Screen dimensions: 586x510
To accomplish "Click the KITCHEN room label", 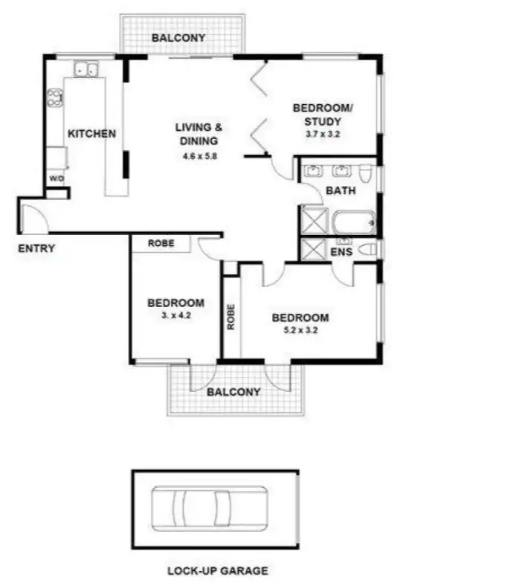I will click(x=92, y=134).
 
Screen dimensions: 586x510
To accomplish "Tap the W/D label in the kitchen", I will click(x=57, y=179).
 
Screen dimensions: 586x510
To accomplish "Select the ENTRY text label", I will click(x=36, y=248).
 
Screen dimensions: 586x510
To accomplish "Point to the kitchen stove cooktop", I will click(x=55, y=97).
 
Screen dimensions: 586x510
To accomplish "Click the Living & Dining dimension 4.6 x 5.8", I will click(x=198, y=156).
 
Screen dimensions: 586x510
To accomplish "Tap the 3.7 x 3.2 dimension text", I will click(x=323, y=135).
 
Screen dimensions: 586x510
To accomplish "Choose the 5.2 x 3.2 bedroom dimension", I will click(x=300, y=331).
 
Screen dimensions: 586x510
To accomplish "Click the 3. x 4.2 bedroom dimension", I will click(x=175, y=315).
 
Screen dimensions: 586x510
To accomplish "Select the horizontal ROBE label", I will click(x=161, y=243).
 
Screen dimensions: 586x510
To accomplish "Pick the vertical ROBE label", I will click(x=230, y=317).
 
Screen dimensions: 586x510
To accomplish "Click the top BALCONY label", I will click(x=178, y=38).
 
